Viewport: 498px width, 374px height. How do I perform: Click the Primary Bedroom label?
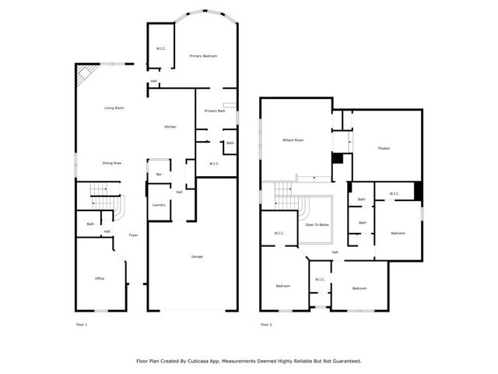[x=203, y=56]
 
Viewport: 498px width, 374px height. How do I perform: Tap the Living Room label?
[x=114, y=108]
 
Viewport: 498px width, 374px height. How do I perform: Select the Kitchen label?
[x=170, y=127]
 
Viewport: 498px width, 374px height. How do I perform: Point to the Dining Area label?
[x=111, y=163]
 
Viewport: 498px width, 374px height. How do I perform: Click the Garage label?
[x=198, y=256]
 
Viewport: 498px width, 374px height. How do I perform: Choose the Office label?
[x=100, y=278]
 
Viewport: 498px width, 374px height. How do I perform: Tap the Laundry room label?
[x=159, y=205]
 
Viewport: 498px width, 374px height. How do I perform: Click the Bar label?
[x=159, y=174]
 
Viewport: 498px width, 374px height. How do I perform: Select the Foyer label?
[x=133, y=235]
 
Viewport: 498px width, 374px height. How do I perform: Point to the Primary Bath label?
[x=215, y=111]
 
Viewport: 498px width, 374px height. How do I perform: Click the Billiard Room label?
[x=293, y=140]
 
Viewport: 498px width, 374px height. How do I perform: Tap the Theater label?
[x=384, y=148]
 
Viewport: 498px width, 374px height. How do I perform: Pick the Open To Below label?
[x=317, y=224]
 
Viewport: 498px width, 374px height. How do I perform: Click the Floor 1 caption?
[x=82, y=324]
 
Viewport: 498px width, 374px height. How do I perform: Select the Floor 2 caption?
[x=266, y=324]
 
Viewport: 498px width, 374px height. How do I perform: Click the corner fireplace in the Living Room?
[x=83, y=75]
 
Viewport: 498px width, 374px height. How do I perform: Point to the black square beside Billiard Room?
[x=337, y=158]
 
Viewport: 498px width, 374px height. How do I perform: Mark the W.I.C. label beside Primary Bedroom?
[x=161, y=49]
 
